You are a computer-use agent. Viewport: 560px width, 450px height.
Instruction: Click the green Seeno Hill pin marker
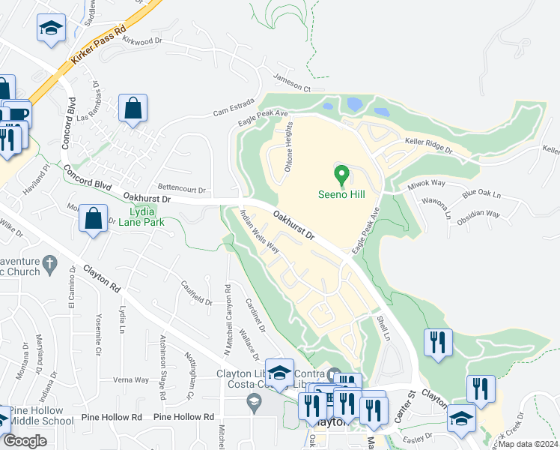(x=342, y=175)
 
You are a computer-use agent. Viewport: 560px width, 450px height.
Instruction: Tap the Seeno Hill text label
(x=342, y=195)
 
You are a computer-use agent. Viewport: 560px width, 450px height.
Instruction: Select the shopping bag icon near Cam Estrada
(x=133, y=107)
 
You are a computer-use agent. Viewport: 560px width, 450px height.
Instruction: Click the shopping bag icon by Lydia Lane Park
(x=93, y=219)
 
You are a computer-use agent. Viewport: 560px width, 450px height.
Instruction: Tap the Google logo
(x=25, y=441)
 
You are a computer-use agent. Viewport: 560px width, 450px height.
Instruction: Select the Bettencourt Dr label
(x=181, y=190)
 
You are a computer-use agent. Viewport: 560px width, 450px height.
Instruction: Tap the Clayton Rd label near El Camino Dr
(x=102, y=277)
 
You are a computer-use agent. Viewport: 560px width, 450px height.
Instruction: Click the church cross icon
(x=49, y=263)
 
